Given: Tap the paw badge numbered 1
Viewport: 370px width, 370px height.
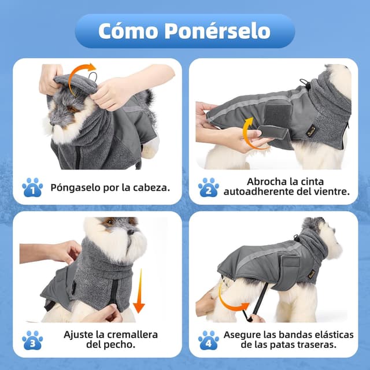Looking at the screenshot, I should tap(32, 187).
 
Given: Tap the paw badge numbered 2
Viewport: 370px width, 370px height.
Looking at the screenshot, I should tap(208, 187).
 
